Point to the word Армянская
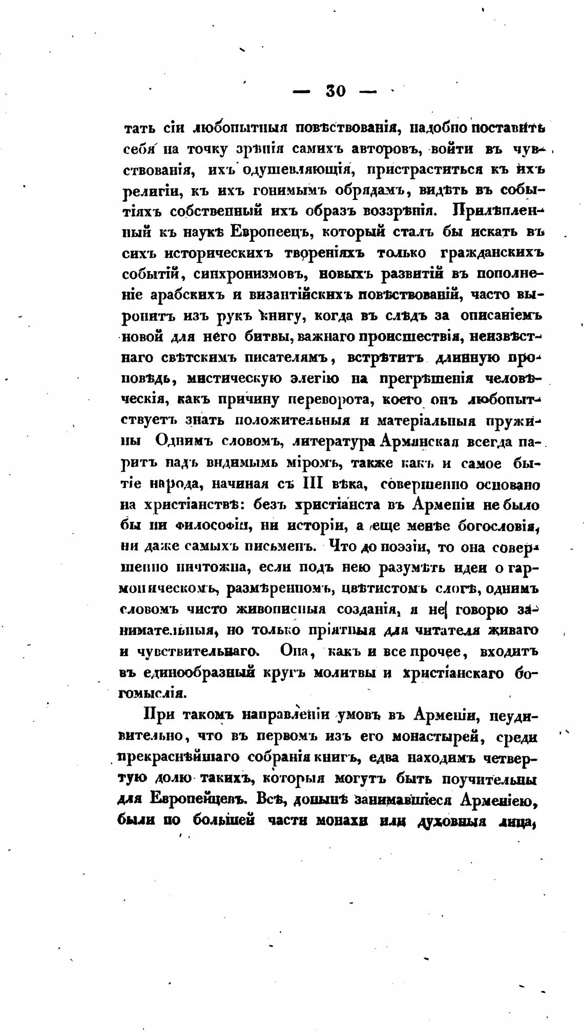pos(417,442)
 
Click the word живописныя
pos(281,610)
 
